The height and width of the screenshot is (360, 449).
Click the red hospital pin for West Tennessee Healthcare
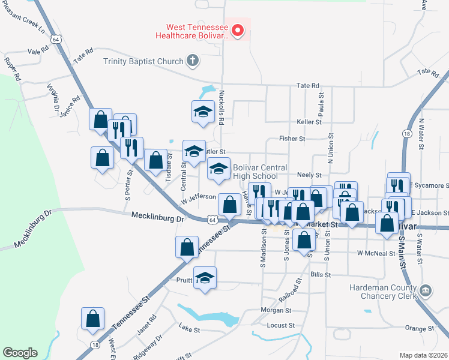click(238, 29)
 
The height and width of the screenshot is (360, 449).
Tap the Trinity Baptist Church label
click(143, 61)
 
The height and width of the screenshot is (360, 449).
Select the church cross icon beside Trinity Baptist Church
click(192, 60)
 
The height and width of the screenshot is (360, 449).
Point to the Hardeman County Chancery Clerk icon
click(426, 291)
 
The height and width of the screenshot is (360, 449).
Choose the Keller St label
click(309, 122)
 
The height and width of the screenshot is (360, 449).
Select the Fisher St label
click(292, 139)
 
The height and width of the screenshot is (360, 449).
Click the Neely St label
click(309, 175)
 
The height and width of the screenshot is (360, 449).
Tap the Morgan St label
click(276, 311)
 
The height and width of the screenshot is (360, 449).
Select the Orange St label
click(419, 328)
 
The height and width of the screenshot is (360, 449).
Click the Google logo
click(20, 353)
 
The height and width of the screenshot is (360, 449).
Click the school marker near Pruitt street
click(205, 278)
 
